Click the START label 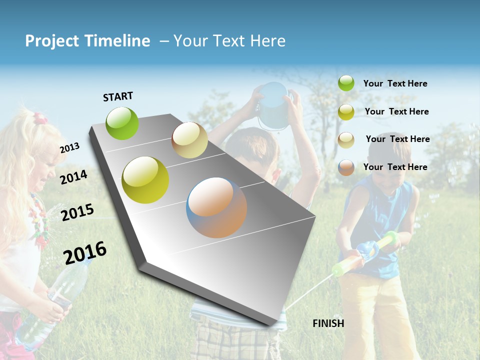coord(118,96)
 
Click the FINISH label coord(328,323)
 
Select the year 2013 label coord(70,147)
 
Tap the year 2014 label coord(74,177)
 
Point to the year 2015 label coord(77,212)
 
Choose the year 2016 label coord(85,252)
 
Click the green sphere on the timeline coord(122,123)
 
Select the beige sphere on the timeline coord(189,140)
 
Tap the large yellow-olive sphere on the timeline coord(145,180)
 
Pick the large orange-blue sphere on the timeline coord(216,207)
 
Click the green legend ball coord(346,83)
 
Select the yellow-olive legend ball coord(346,112)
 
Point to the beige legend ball coord(346,140)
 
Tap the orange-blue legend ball coord(346,167)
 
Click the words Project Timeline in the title coord(87,41)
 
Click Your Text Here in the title coord(229,41)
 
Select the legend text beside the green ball coord(395,84)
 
